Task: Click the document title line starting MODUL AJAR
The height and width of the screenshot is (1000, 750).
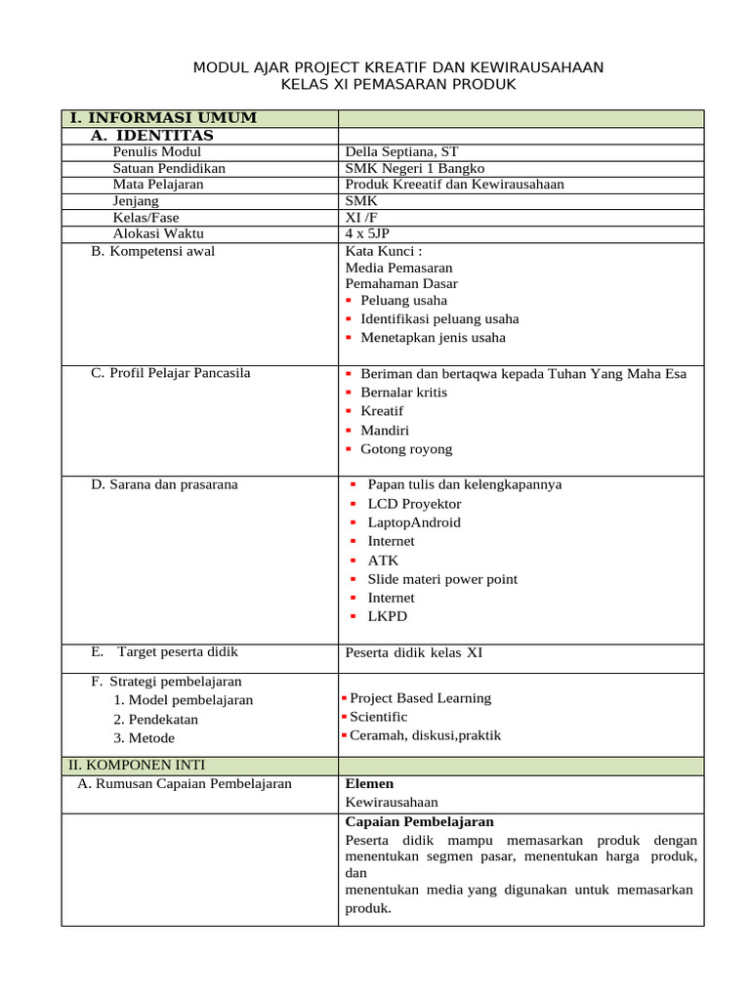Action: [398, 67]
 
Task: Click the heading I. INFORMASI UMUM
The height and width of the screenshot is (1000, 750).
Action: [163, 118]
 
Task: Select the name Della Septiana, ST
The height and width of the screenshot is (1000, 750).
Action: [401, 151]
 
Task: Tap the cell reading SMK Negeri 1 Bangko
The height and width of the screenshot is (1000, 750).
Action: [415, 168]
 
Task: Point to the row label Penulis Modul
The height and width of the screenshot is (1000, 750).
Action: [157, 151]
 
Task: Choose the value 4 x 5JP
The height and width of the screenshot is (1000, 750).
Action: [367, 233]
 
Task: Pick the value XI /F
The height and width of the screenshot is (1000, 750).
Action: [361, 217]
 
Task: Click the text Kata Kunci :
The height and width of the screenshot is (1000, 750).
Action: [384, 251]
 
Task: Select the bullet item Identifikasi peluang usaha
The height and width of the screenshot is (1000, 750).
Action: [439, 318]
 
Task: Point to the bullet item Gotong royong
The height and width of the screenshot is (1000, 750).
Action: [406, 449]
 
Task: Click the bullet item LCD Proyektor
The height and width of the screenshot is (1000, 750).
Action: [414, 504]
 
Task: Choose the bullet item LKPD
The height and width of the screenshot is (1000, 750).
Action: [388, 616]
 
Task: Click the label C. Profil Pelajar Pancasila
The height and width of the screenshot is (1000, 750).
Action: [171, 373]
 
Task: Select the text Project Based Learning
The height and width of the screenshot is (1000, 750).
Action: [420, 698]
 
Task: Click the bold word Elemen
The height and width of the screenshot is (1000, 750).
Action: [370, 783]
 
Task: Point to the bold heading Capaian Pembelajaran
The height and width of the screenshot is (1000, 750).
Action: [420, 821]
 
